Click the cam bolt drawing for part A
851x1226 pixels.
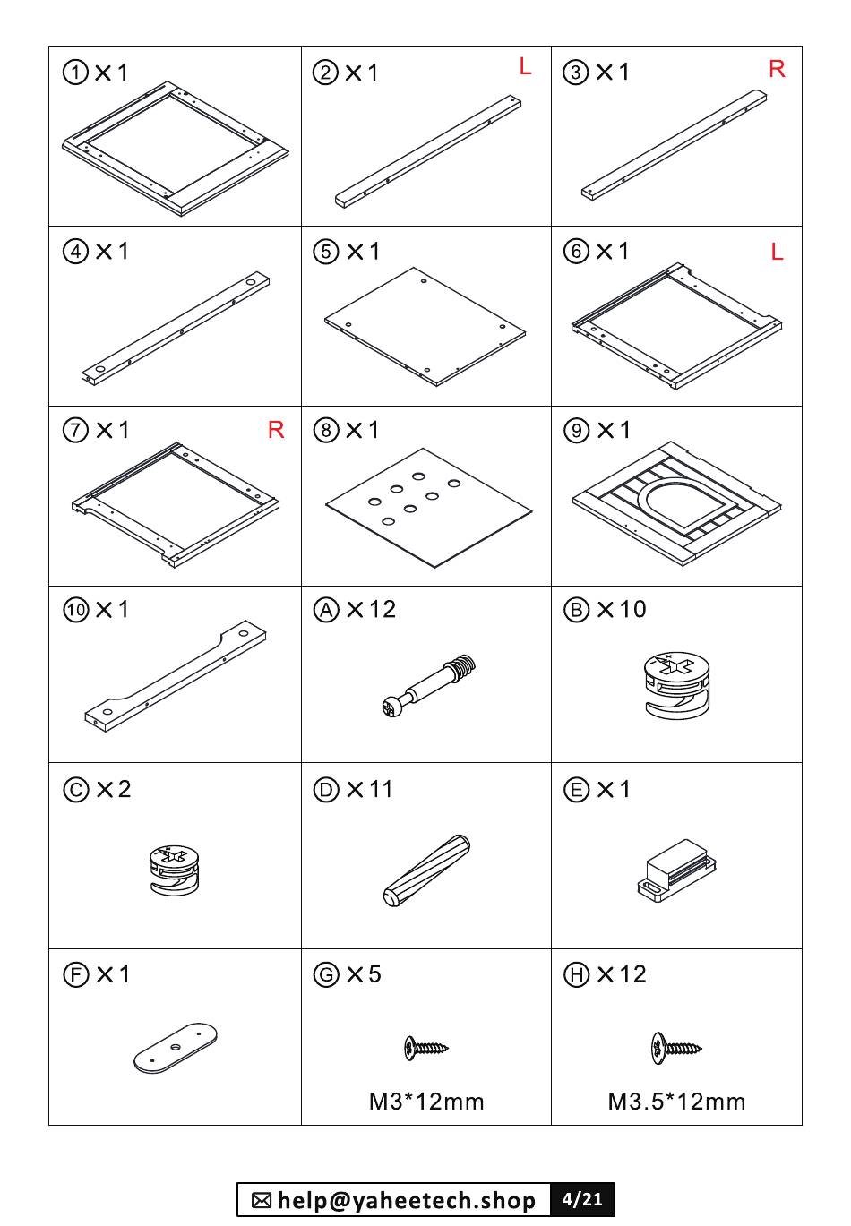coord(428,685)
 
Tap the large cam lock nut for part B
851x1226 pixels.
coord(677,685)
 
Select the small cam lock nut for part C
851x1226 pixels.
coord(174,870)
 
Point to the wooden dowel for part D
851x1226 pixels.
coord(426,870)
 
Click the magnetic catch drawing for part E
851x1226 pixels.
coord(677,870)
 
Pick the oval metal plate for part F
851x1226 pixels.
coord(176,1047)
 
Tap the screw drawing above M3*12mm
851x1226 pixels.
coord(426,1048)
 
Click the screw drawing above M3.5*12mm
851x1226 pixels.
coord(676,1048)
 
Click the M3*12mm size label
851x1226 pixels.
coord(426,1102)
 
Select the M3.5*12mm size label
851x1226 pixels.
coord(677,1102)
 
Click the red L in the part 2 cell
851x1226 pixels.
coord(525,66)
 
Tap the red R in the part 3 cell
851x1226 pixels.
coord(777,69)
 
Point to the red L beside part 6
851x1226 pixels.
coord(777,252)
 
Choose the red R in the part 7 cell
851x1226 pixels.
coord(276,430)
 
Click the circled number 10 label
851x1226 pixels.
coord(75,610)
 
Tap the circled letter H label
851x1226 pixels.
coord(576,974)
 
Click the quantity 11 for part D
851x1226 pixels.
coord(381,790)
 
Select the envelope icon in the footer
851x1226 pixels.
coord(262,1200)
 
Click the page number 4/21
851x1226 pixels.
coord(582,1199)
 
